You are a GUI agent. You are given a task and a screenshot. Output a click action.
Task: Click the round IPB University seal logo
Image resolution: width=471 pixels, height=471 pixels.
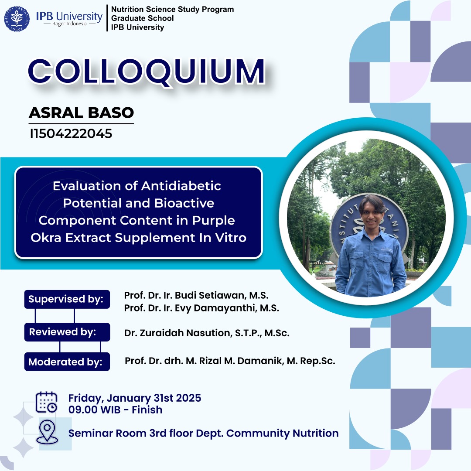pyautogui.click(x=17, y=19)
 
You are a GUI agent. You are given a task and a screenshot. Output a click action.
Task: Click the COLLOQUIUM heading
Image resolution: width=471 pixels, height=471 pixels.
pyautogui.click(x=147, y=71)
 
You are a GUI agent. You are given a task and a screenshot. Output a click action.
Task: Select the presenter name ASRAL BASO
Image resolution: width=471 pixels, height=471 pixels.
pyautogui.click(x=81, y=113)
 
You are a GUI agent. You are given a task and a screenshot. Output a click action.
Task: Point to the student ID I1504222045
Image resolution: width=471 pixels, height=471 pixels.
pyautogui.click(x=71, y=134)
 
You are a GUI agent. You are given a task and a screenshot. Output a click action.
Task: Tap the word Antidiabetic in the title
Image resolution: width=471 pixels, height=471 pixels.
pyautogui.click(x=181, y=186)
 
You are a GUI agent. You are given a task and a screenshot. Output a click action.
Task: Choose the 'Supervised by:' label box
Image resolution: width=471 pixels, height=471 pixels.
pyautogui.click(x=67, y=299)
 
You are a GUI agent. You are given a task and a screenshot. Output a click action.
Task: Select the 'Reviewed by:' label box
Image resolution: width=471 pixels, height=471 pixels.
pyautogui.click(x=67, y=332)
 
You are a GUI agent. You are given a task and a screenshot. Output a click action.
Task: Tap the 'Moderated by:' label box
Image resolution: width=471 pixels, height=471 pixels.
pyautogui.click(x=67, y=362)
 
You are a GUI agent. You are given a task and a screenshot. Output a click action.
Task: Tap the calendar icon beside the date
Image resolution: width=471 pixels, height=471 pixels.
pyautogui.click(x=46, y=402)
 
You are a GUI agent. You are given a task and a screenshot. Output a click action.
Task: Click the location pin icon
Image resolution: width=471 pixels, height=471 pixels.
pyautogui.click(x=47, y=432)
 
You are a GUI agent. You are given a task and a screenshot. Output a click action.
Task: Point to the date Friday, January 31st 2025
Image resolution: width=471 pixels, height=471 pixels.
pyautogui.click(x=135, y=398)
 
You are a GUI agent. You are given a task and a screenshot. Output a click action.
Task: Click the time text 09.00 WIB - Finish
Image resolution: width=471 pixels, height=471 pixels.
pyautogui.click(x=115, y=410)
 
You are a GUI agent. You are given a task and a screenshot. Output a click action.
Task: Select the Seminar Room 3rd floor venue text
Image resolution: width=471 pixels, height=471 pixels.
pyautogui.click(x=203, y=433)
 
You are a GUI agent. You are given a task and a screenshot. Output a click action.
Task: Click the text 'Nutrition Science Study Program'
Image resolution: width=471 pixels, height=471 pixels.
pyautogui.click(x=172, y=9)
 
